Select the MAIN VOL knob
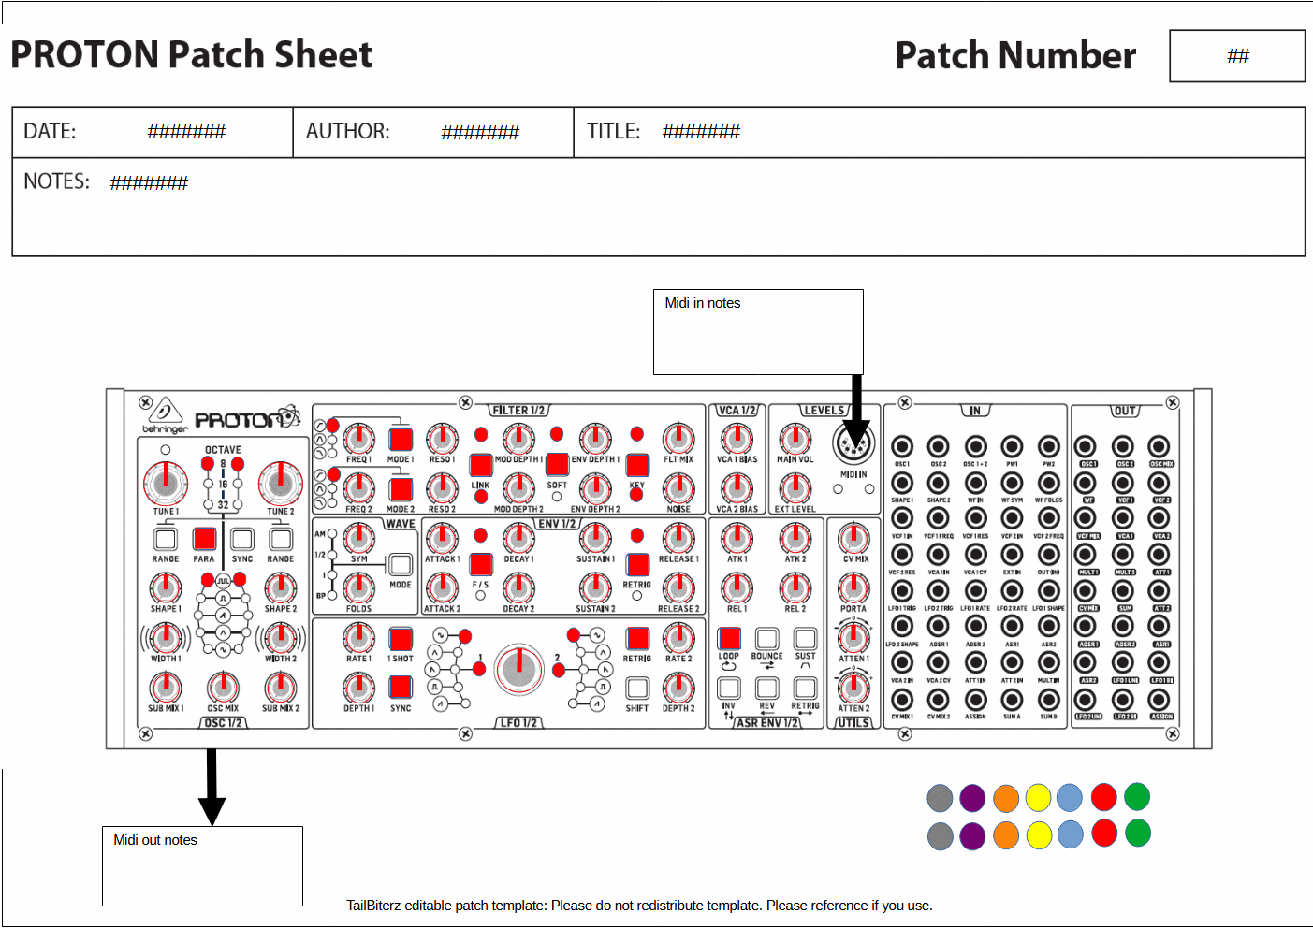pos(795,438)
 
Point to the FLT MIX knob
pos(678,438)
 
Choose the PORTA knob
pos(853,587)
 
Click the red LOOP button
pos(729,638)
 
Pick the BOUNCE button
pos(767,638)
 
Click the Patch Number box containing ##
pos(1237,56)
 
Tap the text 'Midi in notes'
pos(702,303)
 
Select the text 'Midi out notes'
pos(155,840)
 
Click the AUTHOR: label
pos(347,131)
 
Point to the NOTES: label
pos(56,181)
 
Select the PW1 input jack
pos(1012,446)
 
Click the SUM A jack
pos(1012,699)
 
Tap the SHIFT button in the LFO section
pos(637,689)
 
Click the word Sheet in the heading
pos(323,54)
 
